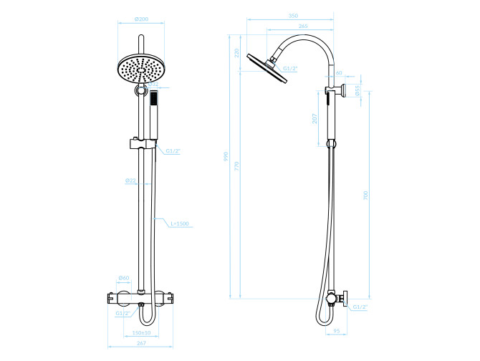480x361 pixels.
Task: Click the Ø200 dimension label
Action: (140, 19)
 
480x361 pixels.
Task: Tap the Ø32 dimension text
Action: (154, 85)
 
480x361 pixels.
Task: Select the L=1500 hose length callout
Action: (179, 223)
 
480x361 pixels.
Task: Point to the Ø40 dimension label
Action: (123, 278)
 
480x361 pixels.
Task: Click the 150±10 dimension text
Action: (141, 333)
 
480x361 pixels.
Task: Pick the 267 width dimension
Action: (140, 345)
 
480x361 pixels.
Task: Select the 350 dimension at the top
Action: (292, 16)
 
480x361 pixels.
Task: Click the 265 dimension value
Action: (303, 26)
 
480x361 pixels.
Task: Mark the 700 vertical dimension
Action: (365, 194)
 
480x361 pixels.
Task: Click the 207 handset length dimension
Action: (315, 119)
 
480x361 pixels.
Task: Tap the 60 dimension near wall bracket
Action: (339, 73)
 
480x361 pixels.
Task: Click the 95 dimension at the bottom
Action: (336, 331)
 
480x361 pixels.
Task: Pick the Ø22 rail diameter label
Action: (130, 180)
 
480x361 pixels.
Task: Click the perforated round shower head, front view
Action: (140, 70)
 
